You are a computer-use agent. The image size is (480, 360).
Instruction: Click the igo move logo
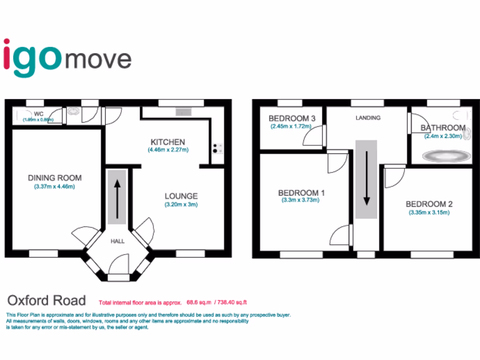pyautogui.click(x=67, y=59)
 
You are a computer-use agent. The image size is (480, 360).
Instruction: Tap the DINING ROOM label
pyautogui.click(x=55, y=178)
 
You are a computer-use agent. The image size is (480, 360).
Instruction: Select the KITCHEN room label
pyautogui.click(x=167, y=142)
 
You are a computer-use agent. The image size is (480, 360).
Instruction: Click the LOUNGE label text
pyautogui.click(x=181, y=196)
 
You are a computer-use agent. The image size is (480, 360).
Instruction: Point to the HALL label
pyautogui.click(x=118, y=241)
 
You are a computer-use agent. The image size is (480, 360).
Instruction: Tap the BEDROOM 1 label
pyautogui.click(x=301, y=193)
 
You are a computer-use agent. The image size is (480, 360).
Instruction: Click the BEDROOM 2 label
pyautogui.click(x=429, y=204)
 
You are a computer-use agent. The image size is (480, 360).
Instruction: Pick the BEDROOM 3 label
pyautogui.click(x=289, y=118)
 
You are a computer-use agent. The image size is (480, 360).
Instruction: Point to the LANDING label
pyautogui.click(x=368, y=118)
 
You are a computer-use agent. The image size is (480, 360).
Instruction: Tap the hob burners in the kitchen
pyautogui.click(x=217, y=148)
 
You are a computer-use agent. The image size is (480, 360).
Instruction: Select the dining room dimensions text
pyautogui.click(x=55, y=187)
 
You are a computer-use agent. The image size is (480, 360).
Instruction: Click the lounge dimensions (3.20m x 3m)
pyautogui.click(x=181, y=205)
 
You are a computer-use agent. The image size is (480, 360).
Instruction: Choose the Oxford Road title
pyautogui.click(x=46, y=300)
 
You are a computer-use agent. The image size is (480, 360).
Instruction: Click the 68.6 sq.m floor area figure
pyautogui.click(x=196, y=302)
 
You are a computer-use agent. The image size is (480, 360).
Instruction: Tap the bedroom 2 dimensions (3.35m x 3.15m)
pyautogui.click(x=429, y=212)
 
